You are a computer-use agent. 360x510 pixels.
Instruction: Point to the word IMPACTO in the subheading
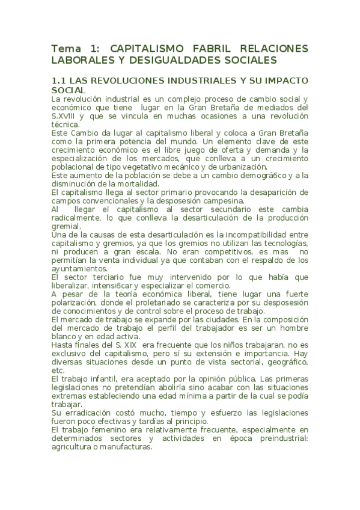tap(285, 80)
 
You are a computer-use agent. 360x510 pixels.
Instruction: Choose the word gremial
tap(66, 226)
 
